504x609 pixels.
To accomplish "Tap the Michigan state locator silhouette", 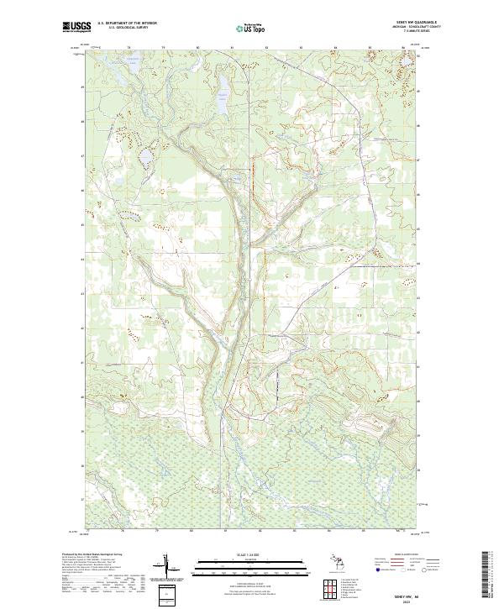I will click(x=336, y=563).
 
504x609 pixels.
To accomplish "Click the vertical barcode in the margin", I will click(x=489, y=573).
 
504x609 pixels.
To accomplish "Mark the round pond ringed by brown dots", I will click(x=145, y=157).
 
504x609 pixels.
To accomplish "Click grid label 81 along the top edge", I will click(x=232, y=48).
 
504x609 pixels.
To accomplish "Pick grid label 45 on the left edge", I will click(x=82, y=225).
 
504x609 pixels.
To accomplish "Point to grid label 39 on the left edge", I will click(x=82, y=432).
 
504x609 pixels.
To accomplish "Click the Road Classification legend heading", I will click(x=412, y=555).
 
